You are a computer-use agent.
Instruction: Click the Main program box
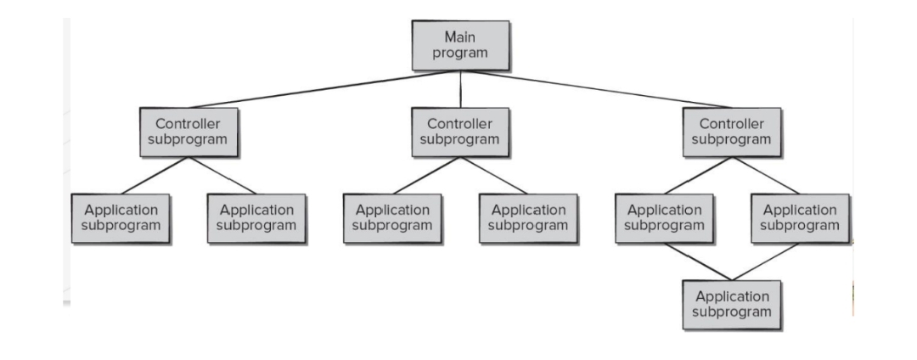(x=460, y=46)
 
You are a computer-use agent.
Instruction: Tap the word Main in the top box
(x=460, y=38)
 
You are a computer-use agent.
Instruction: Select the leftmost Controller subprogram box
(x=188, y=132)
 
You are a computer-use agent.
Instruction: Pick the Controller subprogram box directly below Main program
(x=460, y=132)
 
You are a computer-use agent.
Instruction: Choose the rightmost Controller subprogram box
(x=732, y=132)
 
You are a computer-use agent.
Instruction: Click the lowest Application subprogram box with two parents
(x=732, y=304)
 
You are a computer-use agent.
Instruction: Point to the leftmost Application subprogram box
(x=120, y=218)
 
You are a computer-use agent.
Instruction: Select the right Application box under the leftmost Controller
(x=256, y=218)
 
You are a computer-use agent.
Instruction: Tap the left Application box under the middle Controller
(x=392, y=218)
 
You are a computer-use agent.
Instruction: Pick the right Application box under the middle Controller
(x=529, y=218)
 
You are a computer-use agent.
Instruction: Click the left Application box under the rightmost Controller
(x=664, y=218)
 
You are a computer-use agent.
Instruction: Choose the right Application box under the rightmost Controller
(x=801, y=218)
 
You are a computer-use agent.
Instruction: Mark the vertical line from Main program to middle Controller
(x=460, y=89)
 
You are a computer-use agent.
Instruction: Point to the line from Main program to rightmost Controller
(x=594, y=89)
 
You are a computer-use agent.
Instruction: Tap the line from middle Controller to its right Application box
(x=494, y=176)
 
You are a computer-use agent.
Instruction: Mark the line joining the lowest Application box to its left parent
(x=698, y=262)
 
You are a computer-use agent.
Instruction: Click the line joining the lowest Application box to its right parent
(x=766, y=262)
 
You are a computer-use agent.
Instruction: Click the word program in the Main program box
(x=460, y=53)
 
